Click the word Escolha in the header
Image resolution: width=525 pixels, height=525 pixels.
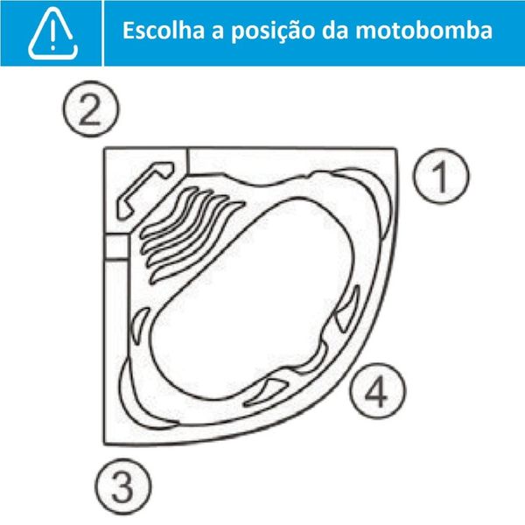coord(162,31)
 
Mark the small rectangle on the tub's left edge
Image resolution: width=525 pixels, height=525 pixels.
coord(115,248)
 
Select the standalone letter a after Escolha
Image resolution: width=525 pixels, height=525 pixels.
coord(212,32)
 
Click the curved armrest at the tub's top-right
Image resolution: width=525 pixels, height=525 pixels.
coord(376,197)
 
